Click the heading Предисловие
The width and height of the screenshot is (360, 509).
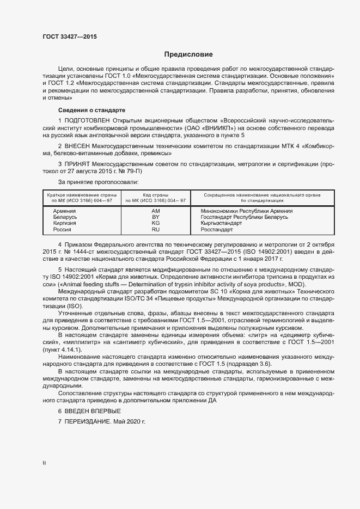(189, 54)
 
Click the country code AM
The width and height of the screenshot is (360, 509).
(155, 211)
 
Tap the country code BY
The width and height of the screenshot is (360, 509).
(155, 217)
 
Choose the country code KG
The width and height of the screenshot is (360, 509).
(155, 223)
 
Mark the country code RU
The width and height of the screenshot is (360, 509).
(155, 230)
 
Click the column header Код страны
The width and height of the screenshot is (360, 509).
(155, 194)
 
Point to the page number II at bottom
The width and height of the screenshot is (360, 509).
(44, 463)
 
